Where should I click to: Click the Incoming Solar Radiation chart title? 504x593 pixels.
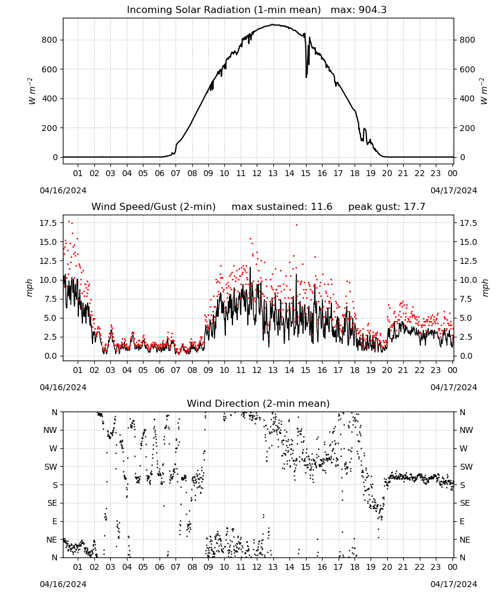tap(224, 10)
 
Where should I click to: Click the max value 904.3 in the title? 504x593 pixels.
tap(372, 10)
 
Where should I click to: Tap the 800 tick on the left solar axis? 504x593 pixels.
tap(50, 40)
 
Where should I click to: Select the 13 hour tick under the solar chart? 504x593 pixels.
tap(273, 173)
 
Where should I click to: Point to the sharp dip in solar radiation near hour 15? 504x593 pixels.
tap(307, 76)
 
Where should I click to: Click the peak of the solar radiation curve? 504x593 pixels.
tap(273, 24)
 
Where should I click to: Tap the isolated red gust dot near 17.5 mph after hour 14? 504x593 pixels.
tap(297, 225)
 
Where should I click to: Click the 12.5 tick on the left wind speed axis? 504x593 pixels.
tap(49, 261)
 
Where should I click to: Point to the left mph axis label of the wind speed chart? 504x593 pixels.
tap(30, 288)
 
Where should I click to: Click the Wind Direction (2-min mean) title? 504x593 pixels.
tap(259, 403)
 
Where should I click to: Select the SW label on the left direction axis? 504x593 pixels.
tap(51, 467)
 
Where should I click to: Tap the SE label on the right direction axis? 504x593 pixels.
tap(465, 503)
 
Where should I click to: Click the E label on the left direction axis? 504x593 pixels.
tap(55, 521)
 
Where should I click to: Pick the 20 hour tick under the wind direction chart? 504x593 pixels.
tap(387, 567)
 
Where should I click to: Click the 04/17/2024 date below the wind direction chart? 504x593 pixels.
tap(454, 584)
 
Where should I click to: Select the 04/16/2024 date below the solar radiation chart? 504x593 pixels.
tap(63, 190)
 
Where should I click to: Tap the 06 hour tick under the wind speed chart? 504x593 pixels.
tap(160, 370)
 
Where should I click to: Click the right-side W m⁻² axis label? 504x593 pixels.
tap(484, 91)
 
